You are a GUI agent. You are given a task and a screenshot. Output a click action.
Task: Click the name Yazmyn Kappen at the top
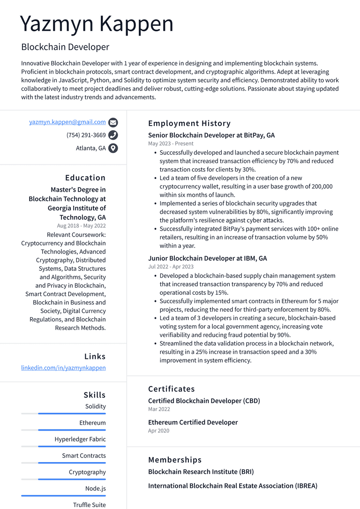pyautogui.click(x=97, y=24)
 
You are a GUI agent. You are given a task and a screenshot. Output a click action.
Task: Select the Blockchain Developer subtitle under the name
pyautogui.click(x=65, y=47)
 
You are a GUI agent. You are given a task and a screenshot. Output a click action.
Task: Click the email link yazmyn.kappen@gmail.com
pyautogui.click(x=67, y=122)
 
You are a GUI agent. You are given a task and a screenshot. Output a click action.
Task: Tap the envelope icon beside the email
pyautogui.click(x=113, y=123)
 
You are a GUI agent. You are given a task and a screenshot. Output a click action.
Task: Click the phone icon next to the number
pyautogui.click(x=113, y=135)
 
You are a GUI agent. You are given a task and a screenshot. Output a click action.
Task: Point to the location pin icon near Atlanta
pyautogui.click(x=113, y=148)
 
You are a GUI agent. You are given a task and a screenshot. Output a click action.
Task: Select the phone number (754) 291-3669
pyautogui.click(x=86, y=135)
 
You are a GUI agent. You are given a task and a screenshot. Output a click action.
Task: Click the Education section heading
pyautogui.click(x=85, y=178)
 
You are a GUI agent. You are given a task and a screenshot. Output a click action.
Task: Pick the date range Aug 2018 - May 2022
pyautogui.click(x=82, y=225)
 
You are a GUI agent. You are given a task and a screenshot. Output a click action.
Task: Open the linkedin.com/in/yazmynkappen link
pyautogui.click(x=63, y=368)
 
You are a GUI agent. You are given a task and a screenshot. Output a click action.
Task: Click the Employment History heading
pyautogui.click(x=189, y=123)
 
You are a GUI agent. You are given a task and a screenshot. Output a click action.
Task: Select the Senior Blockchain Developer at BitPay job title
pyautogui.click(x=211, y=135)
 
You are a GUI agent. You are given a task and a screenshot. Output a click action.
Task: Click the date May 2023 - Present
pyautogui.click(x=171, y=143)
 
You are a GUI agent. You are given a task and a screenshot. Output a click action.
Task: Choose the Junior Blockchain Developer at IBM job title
pyautogui.click(x=208, y=258)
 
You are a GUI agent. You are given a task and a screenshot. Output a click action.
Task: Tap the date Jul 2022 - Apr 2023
pyautogui.click(x=171, y=267)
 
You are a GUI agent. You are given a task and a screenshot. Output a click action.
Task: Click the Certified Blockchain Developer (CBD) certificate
pyautogui.click(x=204, y=401)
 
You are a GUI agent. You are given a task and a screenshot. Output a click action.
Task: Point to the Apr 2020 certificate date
pyautogui.click(x=159, y=431)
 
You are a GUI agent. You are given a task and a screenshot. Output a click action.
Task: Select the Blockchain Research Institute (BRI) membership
pyautogui.click(x=201, y=472)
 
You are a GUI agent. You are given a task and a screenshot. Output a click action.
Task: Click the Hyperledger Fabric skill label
pyautogui.click(x=80, y=439)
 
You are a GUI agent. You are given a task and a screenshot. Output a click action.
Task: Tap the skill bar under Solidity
pyautogui.click(x=63, y=413)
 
